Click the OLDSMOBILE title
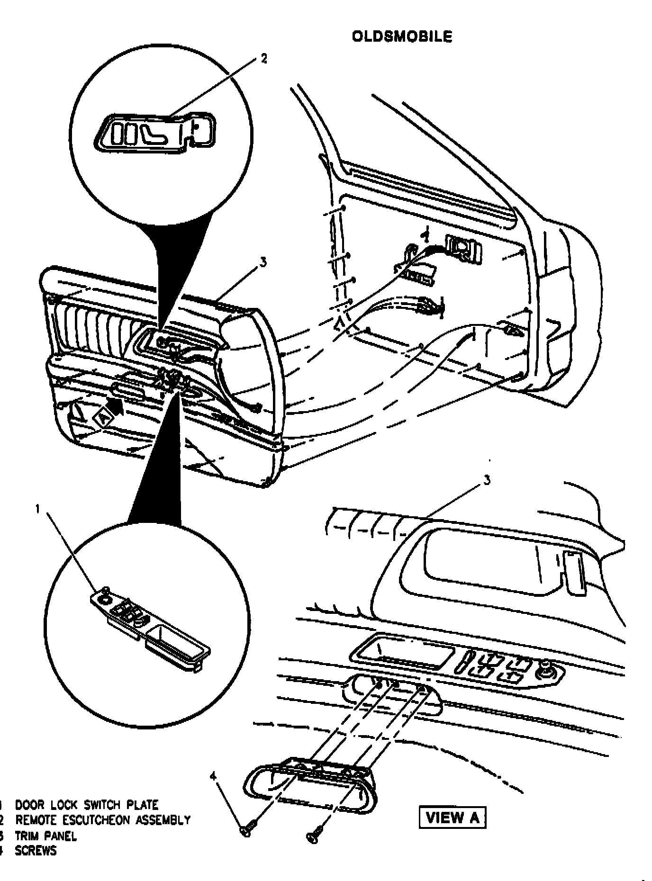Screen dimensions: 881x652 pos(402,36)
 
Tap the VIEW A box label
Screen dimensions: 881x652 pos(453,818)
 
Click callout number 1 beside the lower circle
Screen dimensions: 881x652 pos(38,509)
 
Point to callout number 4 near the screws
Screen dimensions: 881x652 pos(213,775)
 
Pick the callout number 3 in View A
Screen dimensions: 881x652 pos(487,481)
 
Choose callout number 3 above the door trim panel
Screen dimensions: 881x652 pos(263,262)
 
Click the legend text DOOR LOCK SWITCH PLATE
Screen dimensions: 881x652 pos(87,805)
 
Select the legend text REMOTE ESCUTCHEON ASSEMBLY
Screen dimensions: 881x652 pos(103,820)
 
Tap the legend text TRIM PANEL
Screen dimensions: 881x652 pos(45,836)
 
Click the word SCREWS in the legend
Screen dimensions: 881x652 pos(36,851)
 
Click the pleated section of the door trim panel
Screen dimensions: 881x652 pos(90,327)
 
